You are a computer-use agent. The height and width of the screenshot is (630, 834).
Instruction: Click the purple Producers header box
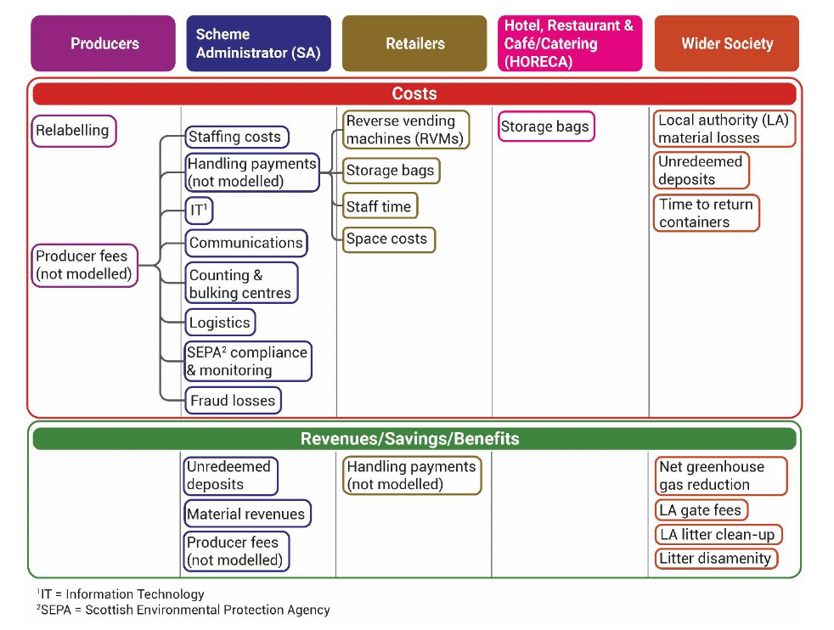click(104, 43)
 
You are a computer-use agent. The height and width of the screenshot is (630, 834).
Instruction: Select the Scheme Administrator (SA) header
click(258, 43)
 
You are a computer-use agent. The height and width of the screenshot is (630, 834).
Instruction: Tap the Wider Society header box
click(726, 43)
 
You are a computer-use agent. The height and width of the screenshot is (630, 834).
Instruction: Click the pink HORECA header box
click(569, 43)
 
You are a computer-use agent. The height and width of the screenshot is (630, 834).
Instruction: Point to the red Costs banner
click(414, 93)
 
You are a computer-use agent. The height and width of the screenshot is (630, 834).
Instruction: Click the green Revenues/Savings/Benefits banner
click(414, 439)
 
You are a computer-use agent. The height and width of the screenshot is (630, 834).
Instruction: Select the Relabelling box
click(74, 131)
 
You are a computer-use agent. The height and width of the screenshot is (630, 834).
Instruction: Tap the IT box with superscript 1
click(199, 208)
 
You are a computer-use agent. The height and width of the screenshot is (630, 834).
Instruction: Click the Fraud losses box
click(233, 400)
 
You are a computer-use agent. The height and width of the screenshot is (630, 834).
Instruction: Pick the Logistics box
click(220, 323)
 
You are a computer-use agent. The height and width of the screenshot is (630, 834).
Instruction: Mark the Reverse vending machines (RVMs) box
click(405, 130)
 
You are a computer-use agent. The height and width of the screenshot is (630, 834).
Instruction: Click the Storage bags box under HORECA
click(545, 127)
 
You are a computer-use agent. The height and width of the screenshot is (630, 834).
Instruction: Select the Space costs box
click(388, 239)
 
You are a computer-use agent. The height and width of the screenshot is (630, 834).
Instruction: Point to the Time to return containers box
click(706, 213)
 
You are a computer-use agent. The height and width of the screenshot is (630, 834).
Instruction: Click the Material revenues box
click(247, 514)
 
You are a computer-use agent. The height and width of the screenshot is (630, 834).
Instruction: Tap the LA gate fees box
click(702, 510)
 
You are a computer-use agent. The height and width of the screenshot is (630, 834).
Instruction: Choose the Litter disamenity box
click(715, 559)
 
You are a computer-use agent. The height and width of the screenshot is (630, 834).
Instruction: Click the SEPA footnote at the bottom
click(183, 610)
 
